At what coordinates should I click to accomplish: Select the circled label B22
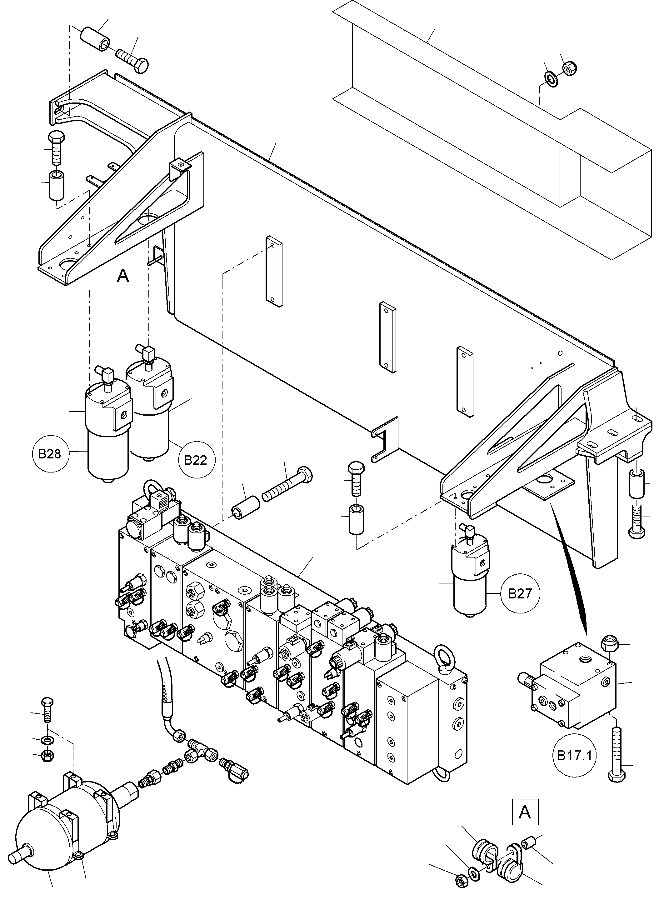[x=195, y=460]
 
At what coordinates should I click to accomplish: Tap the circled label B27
[x=520, y=593]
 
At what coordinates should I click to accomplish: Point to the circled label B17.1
[x=574, y=756]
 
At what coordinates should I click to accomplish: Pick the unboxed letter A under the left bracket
[x=123, y=276]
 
